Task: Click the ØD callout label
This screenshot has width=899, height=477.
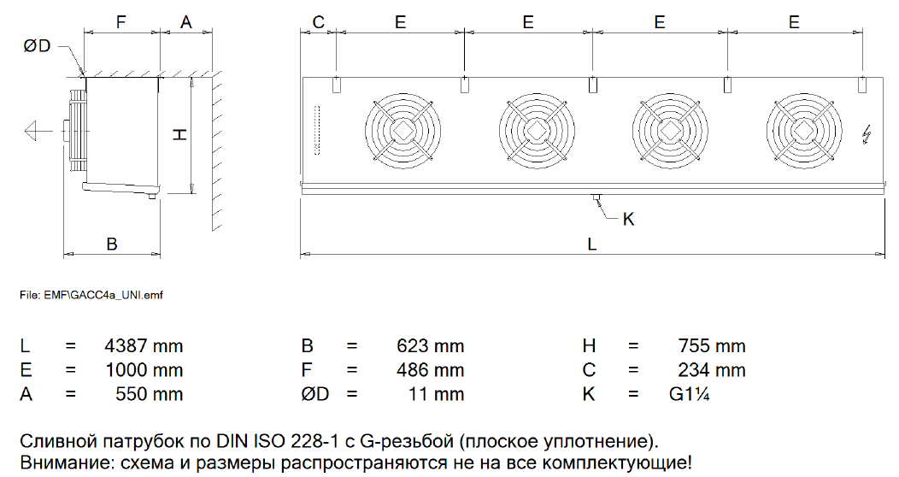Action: (38, 46)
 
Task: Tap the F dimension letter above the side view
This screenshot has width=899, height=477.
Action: (120, 22)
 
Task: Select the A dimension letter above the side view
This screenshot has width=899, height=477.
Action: (186, 22)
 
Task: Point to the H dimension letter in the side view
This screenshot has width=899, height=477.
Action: (180, 134)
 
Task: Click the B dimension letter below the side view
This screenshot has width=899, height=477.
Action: (112, 244)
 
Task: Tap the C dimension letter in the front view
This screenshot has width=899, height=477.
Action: (318, 22)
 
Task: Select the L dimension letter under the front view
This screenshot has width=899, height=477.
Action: (591, 244)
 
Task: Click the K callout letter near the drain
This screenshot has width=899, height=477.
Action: (628, 219)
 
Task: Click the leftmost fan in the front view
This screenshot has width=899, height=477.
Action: (403, 131)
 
